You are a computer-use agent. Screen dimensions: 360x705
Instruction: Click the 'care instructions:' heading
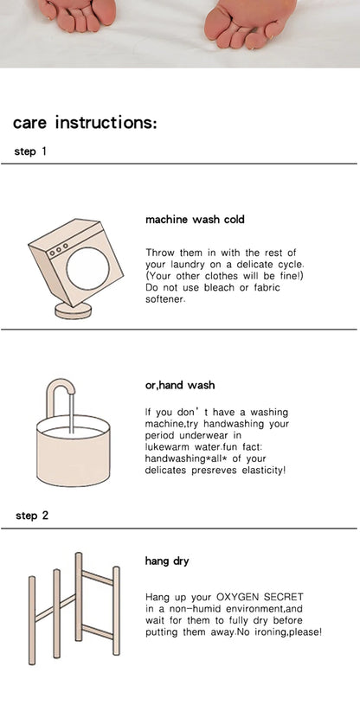tap(85, 122)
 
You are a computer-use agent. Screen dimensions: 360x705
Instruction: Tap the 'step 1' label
tap(30, 151)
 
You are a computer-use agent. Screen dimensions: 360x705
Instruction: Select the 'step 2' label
tap(32, 516)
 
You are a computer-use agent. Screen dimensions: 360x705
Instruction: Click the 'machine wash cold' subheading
tap(195, 220)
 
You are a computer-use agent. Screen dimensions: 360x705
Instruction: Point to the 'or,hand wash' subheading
tap(180, 385)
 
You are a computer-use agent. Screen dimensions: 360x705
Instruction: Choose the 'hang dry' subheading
tap(167, 561)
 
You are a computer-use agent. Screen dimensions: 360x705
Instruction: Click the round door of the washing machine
tap(87, 268)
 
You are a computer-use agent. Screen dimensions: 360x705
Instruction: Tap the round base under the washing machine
tap(73, 311)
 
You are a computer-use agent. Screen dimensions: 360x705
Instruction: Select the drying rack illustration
tap(74, 608)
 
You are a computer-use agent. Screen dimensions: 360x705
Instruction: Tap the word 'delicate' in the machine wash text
tap(249, 264)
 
